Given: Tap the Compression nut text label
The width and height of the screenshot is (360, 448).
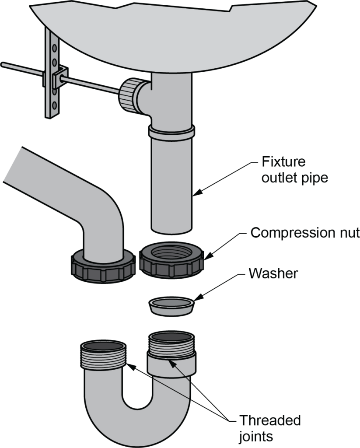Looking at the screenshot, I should click(304, 232).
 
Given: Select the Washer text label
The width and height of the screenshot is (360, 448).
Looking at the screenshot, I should click(273, 274).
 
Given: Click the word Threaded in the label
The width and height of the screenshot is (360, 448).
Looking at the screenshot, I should click(270, 420).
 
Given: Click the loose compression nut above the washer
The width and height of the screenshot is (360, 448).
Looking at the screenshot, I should click(172, 262).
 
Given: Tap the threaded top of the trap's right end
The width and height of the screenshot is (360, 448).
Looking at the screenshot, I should click(171, 346).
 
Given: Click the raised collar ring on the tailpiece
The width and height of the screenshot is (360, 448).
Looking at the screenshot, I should click(171, 130).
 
